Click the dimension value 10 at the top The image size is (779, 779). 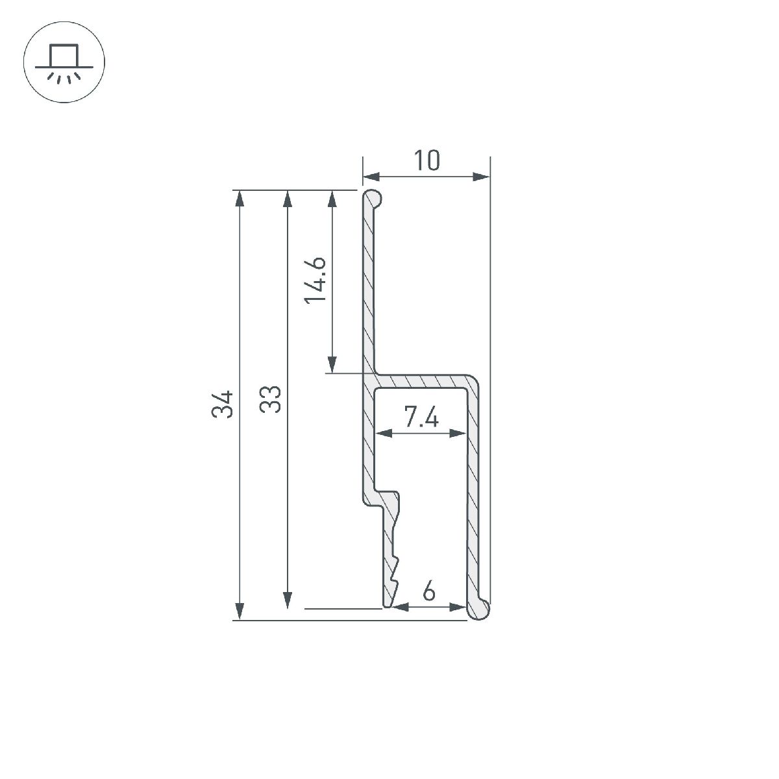pos(427,161)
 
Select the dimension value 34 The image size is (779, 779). pos(223,404)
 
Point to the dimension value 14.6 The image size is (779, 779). pos(315,280)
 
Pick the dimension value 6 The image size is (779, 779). pos(428,592)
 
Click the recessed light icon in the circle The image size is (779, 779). pos(64,64)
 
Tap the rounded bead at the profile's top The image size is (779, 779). pos(372,197)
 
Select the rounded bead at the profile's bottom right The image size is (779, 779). pos(478,608)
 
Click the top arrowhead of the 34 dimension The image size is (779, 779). pos(240,198)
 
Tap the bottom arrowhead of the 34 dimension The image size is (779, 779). pos(240,612)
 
